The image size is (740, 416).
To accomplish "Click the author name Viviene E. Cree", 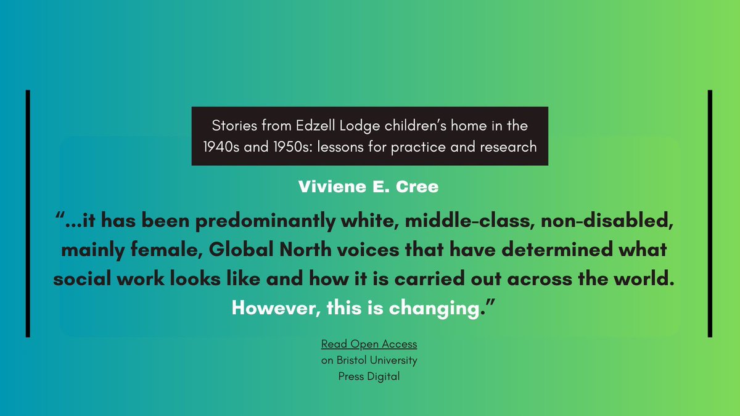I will coord(369,187).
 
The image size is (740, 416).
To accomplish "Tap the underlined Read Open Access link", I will coord(369,344).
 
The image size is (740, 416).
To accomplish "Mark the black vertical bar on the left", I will coord(28,213).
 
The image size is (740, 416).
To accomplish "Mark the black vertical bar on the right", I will coord(710,213).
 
